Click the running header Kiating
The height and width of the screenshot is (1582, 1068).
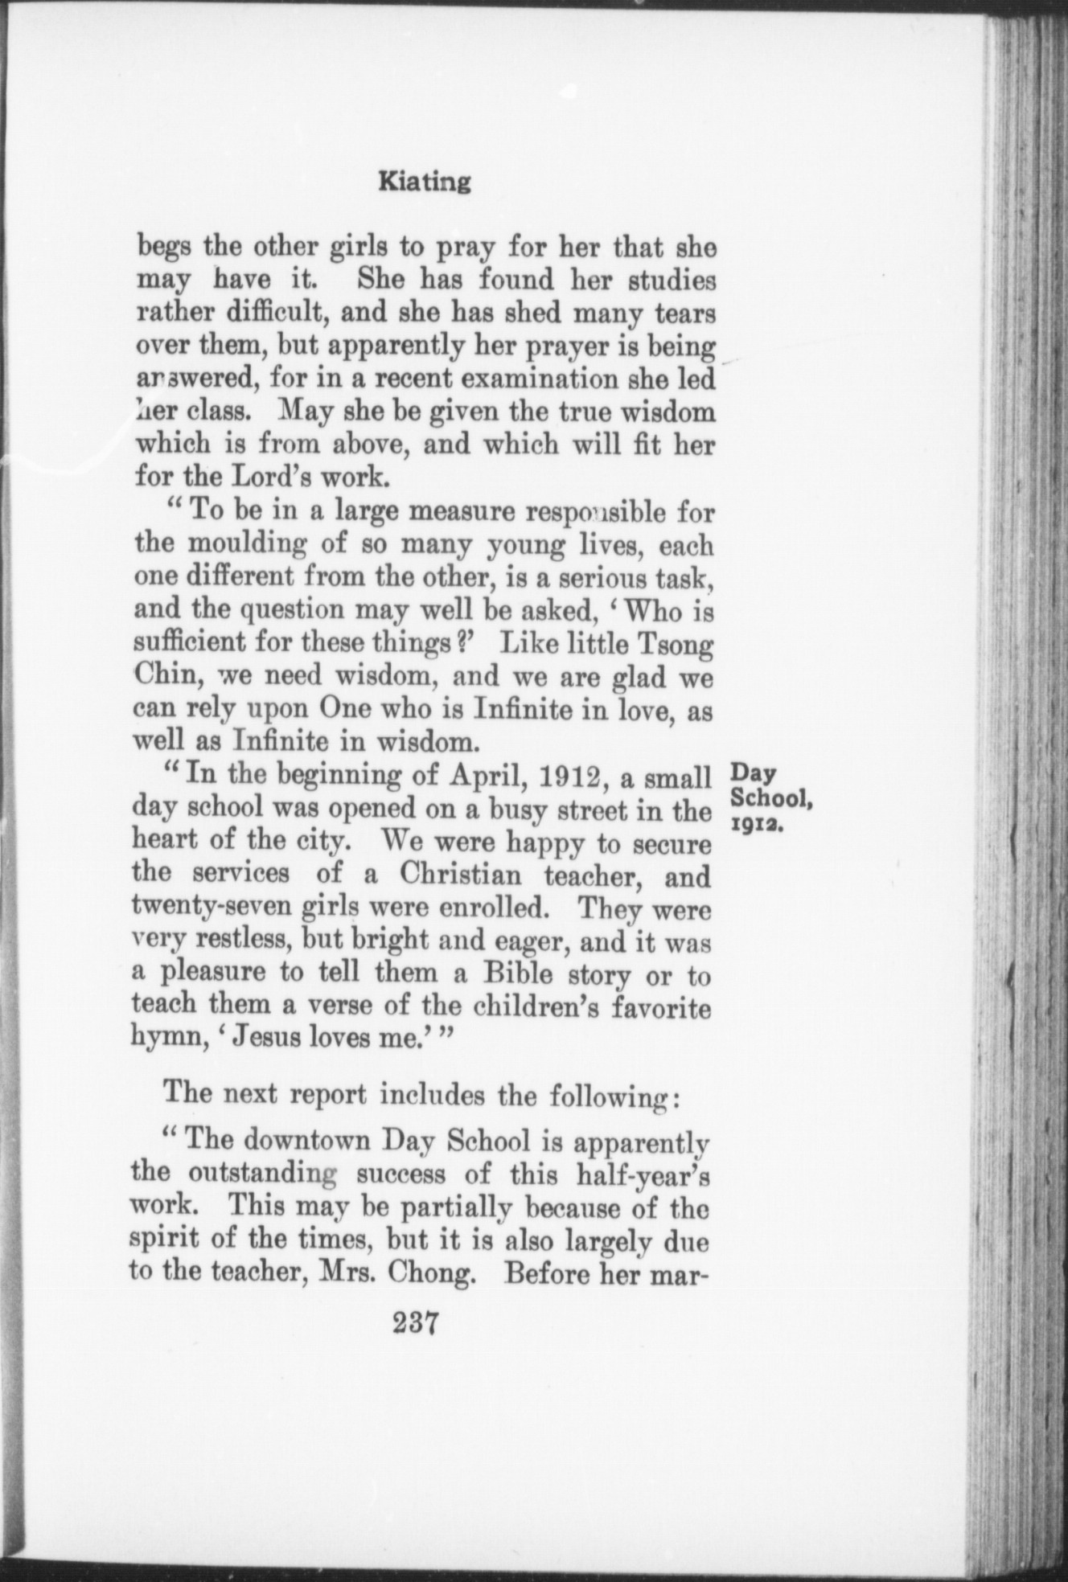click(424, 183)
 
